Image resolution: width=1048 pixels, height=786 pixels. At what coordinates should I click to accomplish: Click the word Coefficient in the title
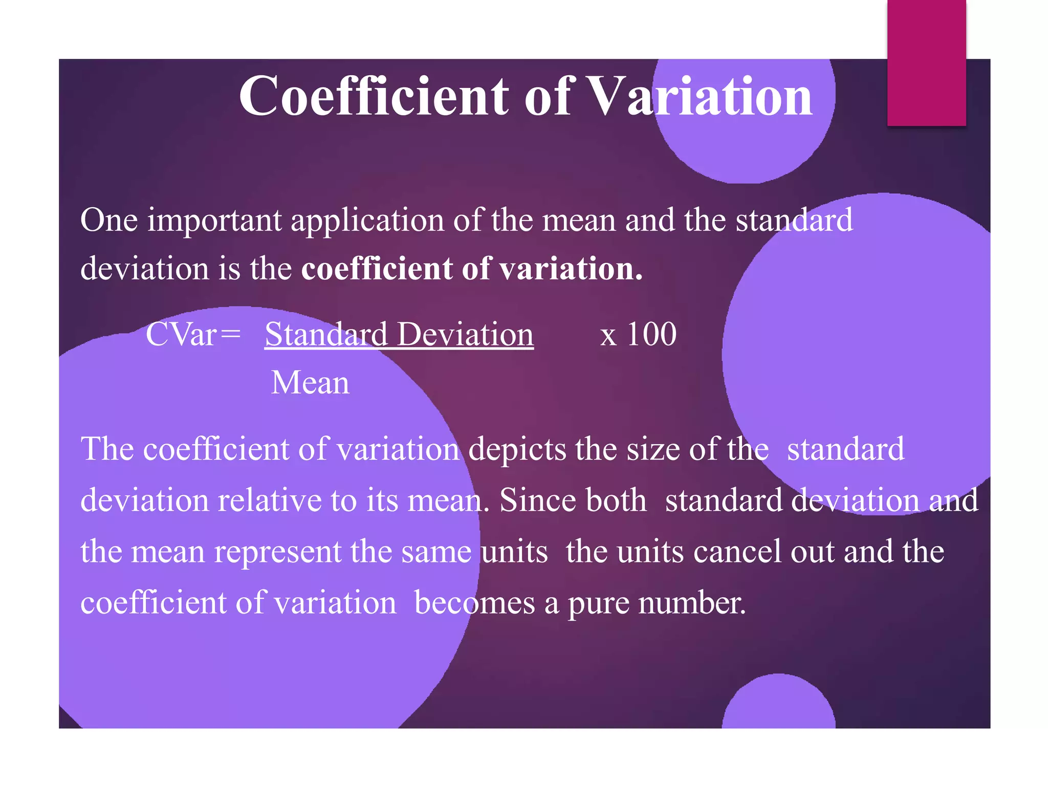[x=374, y=96]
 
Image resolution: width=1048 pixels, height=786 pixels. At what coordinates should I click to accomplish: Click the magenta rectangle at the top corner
[x=926, y=62]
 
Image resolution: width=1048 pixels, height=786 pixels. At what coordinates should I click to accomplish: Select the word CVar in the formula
[x=181, y=335]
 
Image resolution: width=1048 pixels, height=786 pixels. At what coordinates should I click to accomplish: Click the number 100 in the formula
[x=651, y=335]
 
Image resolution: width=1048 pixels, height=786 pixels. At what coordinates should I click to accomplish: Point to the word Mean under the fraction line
[x=310, y=383]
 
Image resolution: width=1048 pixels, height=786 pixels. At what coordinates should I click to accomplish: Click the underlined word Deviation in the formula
[x=465, y=335]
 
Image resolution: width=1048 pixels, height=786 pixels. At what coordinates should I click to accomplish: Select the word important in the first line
[x=214, y=221]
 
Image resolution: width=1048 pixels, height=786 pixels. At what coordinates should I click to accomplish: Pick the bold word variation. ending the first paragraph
[x=571, y=269]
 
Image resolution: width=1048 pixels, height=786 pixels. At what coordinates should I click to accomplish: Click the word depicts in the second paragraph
[x=517, y=450]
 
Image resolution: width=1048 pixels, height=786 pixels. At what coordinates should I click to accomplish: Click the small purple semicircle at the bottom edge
[x=778, y=704]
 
